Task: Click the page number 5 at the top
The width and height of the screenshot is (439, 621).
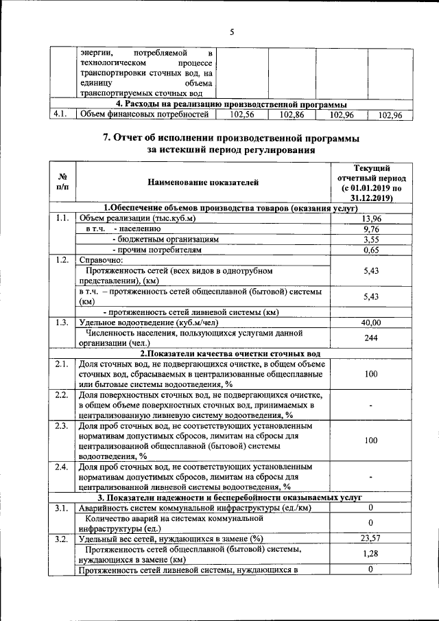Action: [231, 32]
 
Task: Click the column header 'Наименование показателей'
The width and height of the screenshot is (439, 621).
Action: [203, 183]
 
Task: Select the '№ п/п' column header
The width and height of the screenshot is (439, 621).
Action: [62, 183]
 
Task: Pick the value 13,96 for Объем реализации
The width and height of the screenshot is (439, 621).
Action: [370, 218]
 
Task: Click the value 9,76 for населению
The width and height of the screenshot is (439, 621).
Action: [370, 229]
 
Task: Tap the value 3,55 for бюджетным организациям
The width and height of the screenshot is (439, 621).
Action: [370, 239]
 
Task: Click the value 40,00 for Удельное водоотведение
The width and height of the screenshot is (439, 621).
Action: [370, 323]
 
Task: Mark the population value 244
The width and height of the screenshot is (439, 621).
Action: [370, 338]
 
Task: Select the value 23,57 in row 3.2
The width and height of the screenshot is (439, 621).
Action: [370, 538]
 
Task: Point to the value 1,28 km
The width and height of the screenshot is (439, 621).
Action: [370, 554]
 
